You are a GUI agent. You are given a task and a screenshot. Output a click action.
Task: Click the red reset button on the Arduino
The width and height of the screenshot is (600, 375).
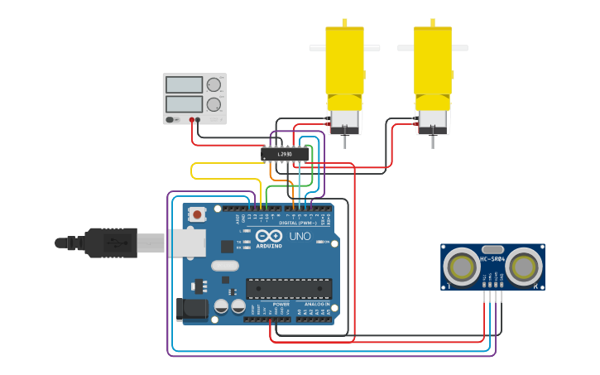197,214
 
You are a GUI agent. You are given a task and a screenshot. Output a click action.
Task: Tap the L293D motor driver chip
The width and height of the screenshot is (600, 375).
285,154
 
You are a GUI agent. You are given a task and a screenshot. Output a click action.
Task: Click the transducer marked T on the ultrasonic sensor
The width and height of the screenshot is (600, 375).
460,267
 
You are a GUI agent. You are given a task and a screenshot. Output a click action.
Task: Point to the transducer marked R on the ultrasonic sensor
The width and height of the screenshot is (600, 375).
525,267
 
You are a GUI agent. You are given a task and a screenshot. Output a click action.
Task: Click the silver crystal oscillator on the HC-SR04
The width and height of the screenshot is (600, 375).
492,249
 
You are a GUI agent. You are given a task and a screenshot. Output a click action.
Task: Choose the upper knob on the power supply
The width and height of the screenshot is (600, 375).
214,84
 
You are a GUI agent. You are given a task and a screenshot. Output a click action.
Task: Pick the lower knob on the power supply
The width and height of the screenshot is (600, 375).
214,105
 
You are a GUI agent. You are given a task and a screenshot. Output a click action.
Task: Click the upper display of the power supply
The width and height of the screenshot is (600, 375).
184,84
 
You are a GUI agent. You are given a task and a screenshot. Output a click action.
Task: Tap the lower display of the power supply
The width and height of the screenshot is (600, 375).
184,104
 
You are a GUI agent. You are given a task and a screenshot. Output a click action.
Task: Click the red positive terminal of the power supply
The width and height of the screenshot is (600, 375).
191,120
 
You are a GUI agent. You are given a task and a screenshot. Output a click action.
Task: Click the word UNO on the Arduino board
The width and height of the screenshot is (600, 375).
300,237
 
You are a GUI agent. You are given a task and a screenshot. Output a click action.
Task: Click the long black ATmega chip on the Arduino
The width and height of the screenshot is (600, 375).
288,288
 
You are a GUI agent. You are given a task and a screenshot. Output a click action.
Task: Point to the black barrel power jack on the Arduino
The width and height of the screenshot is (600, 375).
190,309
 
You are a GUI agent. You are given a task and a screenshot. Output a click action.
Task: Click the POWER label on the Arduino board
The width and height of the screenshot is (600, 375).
281,304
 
